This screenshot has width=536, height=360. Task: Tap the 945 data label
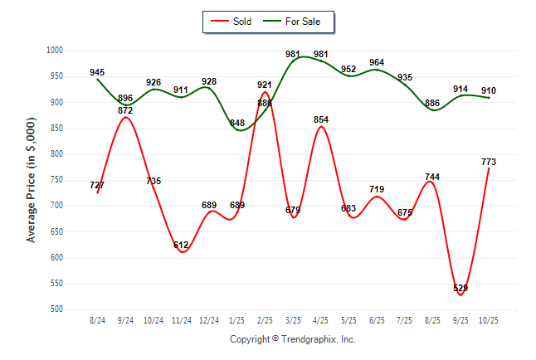pos(98,72)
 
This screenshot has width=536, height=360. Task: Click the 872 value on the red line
pos(125,110)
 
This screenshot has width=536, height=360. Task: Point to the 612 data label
pos(181,245)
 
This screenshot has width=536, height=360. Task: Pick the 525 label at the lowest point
pos(460,288)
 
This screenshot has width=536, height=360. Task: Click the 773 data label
pos(489,162)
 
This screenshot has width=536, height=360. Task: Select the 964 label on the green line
pos(377,62)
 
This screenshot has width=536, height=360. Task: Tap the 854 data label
pos(321,119)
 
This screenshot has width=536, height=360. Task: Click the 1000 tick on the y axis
pos(55,51)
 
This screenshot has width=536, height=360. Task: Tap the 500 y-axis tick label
pos(57,309)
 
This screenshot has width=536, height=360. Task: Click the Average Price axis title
pos(32,180)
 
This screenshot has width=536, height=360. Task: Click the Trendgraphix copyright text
pos(292,339)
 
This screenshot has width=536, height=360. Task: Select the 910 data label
pos(489,90)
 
